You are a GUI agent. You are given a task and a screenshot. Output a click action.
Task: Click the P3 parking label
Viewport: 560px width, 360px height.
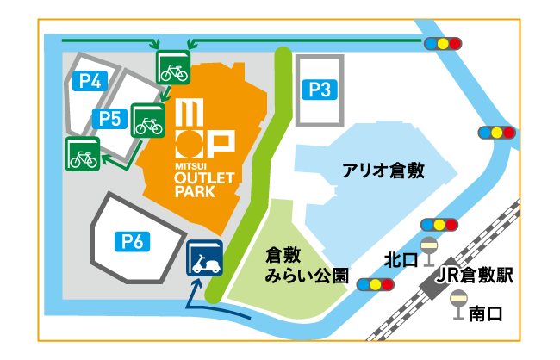tap(319, 89)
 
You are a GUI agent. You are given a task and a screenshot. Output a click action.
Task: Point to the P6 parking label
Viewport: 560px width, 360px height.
tap(131, 241)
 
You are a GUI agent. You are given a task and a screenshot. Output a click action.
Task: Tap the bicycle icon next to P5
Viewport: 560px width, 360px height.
tap(147, 121)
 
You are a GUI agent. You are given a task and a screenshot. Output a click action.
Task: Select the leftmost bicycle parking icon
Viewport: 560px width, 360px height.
tap(83, 155)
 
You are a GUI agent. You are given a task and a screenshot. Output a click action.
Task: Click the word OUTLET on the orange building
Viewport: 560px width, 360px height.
tap(204, 179)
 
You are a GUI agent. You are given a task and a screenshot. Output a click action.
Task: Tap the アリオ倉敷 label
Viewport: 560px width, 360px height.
tap(383, 170)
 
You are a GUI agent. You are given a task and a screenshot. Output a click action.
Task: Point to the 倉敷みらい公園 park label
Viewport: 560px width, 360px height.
tap(306, 266)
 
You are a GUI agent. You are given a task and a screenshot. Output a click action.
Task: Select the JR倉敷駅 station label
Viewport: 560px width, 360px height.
tap(473, 276)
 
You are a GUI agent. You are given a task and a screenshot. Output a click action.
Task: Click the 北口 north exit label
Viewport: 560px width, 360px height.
tap(401, 259)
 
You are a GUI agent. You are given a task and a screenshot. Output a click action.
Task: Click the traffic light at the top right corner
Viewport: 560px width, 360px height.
tap(443, 42)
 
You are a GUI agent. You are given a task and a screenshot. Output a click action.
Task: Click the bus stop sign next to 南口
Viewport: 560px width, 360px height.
tap(457, 306)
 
